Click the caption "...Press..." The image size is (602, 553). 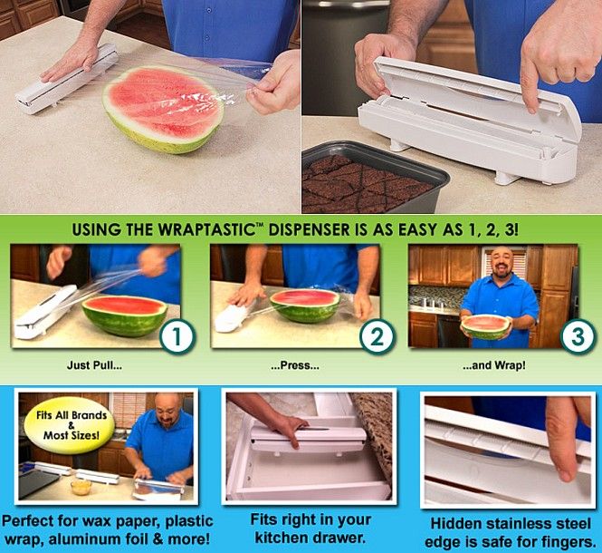[295, 367]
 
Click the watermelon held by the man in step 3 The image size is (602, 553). [487, 325]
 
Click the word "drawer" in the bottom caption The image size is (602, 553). [331, 536]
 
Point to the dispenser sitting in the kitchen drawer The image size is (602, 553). [308, 441]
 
